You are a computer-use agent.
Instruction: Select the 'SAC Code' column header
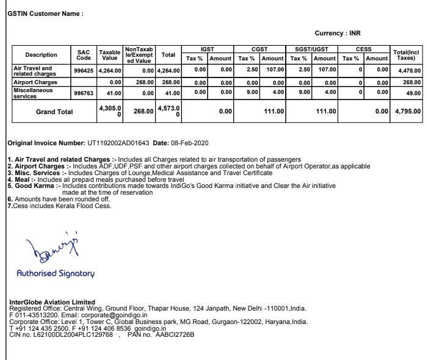84,55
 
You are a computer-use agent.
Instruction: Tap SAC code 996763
84,92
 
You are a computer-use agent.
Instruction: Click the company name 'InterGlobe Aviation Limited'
53,301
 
